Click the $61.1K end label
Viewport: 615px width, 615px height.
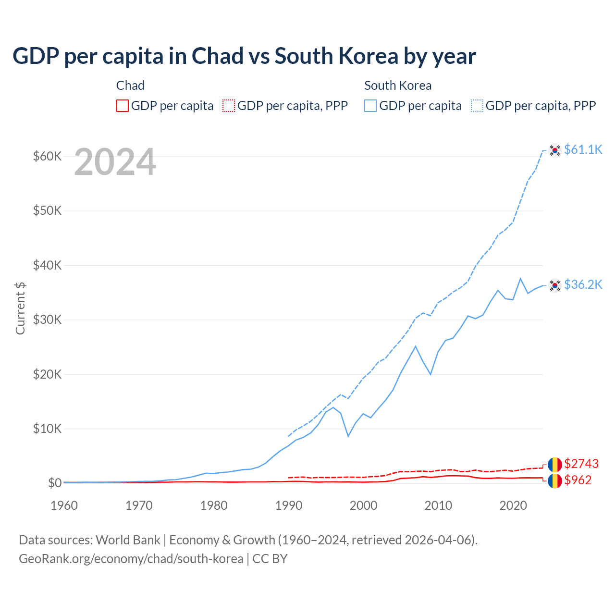coord(583,149)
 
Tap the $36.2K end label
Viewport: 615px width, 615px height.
coord(583,284)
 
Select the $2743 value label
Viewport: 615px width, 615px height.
coord(581,464)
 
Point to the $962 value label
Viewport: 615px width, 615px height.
coord(578,480)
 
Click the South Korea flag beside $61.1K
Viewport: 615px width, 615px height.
coord(555,150)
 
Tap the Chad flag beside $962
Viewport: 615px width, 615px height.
coord(555,480)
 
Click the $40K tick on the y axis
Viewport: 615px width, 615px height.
coord(47,265)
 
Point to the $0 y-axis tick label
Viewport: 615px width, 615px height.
coord(55,483)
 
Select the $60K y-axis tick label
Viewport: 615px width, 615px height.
coord(47,156)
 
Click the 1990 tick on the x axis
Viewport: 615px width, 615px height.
coord(289,505)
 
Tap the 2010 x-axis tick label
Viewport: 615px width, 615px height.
coord(438,505)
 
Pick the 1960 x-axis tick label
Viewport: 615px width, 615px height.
coord(64,505)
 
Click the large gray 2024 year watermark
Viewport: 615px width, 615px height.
coord(115,162)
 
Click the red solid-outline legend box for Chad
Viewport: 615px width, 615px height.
coord(123,106)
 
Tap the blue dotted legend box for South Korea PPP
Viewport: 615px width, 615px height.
coord(477,106)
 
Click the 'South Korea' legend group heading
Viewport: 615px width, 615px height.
coord(398,86)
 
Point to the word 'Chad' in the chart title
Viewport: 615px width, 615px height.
coord(217,56)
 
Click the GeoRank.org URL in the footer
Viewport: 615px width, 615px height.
coord(131,559)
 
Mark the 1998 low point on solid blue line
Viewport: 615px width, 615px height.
coord(348,436)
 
